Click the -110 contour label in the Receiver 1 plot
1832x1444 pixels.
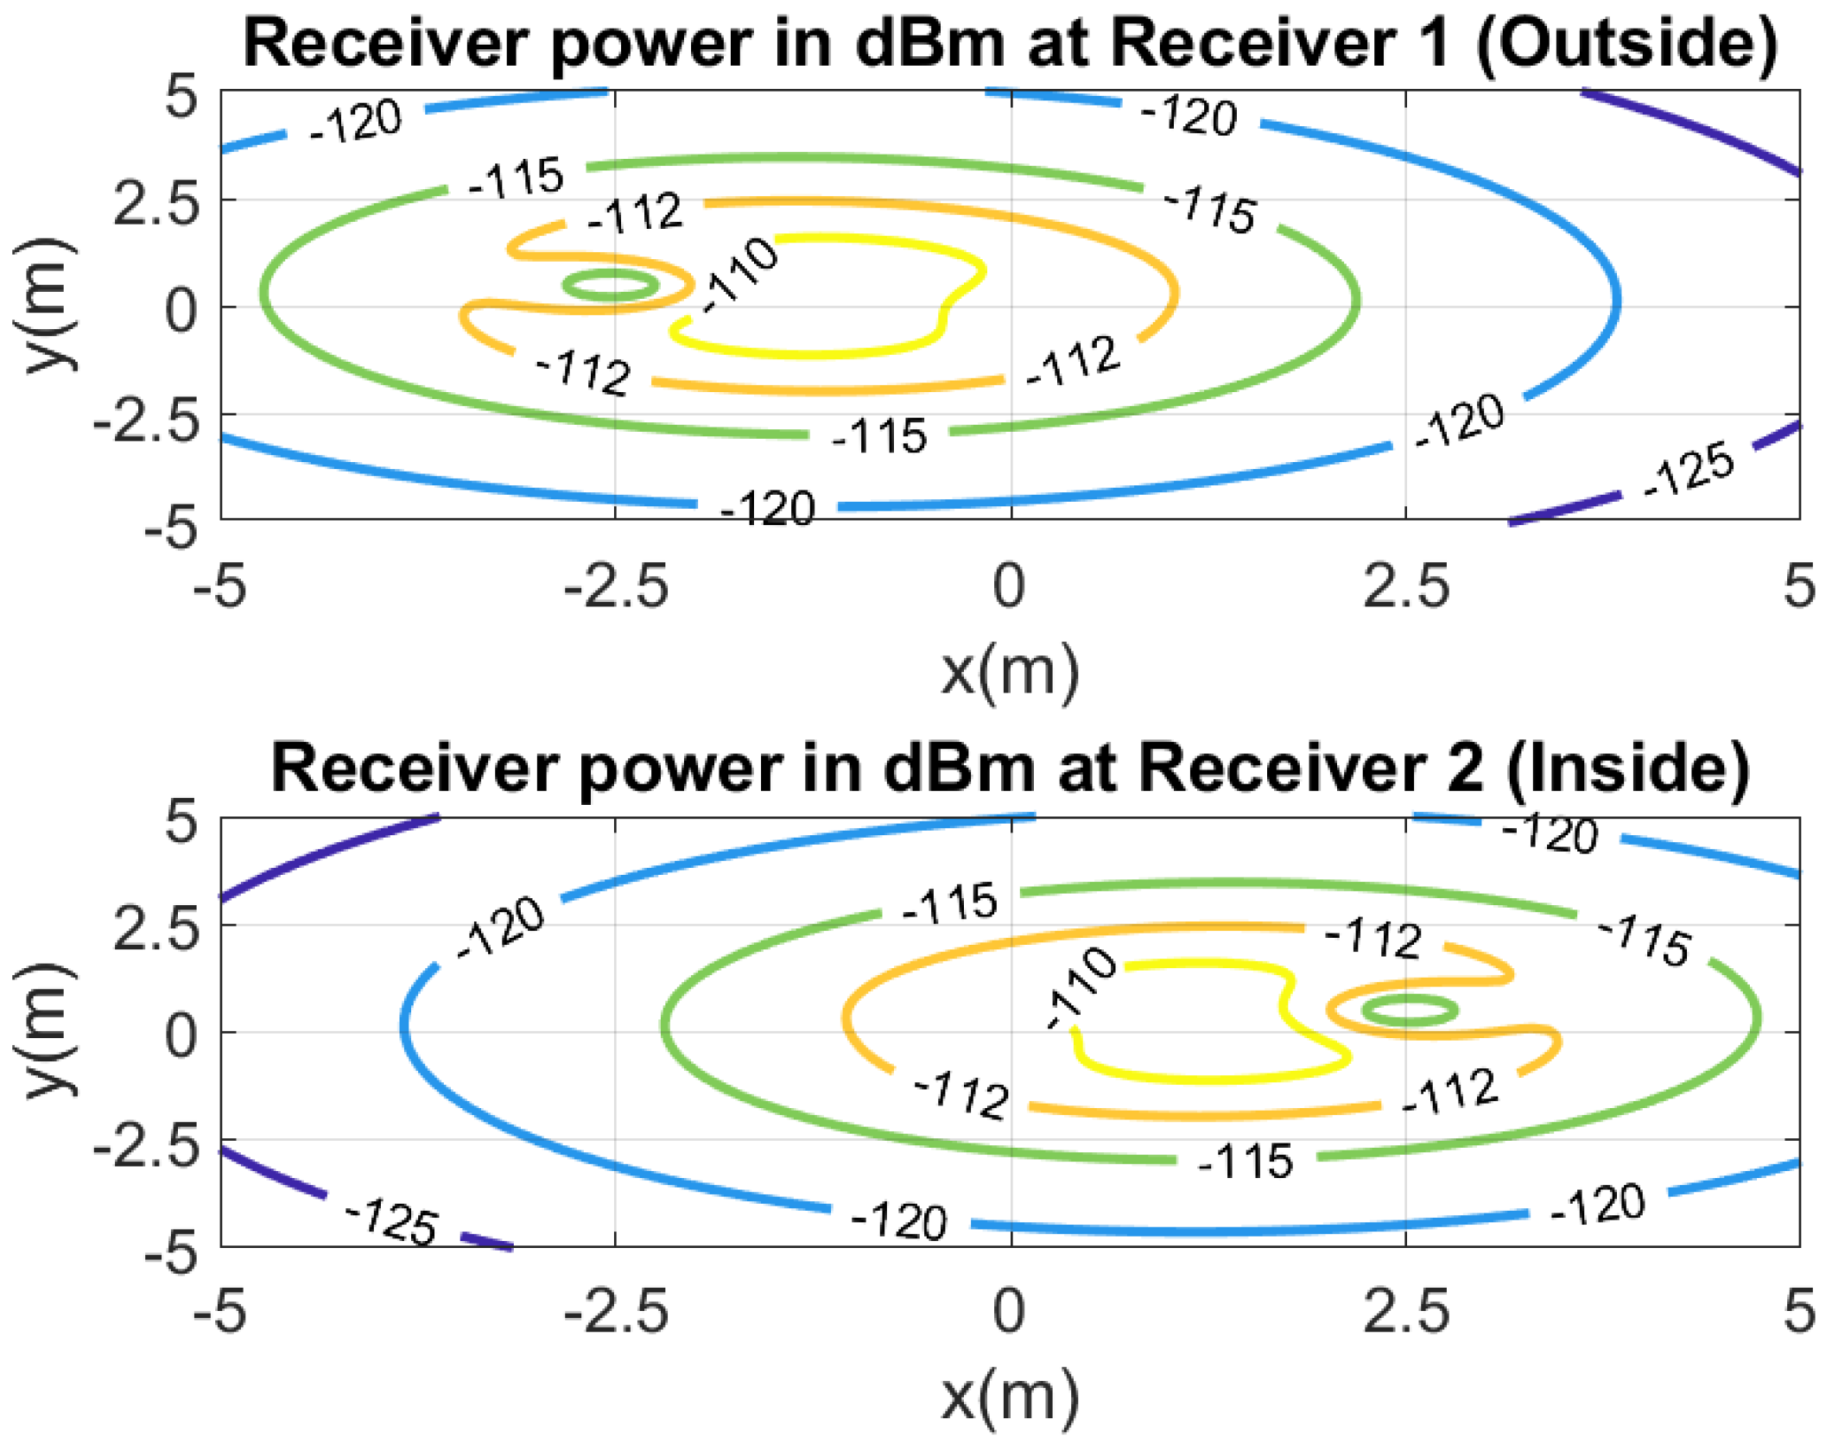[x=739, y=274]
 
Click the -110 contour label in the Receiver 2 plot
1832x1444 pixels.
[x=1081, y=986]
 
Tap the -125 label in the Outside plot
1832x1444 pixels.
[x=1689, y=470]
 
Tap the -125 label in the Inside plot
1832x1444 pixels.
[x=392, y=1220]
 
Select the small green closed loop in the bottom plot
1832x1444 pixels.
[x=1409, y=1010]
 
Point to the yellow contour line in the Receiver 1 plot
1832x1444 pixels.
[x=812, y=353]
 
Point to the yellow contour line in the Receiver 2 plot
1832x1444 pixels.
[x=1209, y=1078]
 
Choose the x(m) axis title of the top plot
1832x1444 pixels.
[x=1009, y=671]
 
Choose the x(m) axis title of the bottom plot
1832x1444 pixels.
[x=1009, y=1396]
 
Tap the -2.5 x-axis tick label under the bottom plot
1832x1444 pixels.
[x=616, y=1311]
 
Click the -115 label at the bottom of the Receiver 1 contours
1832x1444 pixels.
[x=878, y=435]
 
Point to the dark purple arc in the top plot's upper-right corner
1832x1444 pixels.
[x=1693, y=130]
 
